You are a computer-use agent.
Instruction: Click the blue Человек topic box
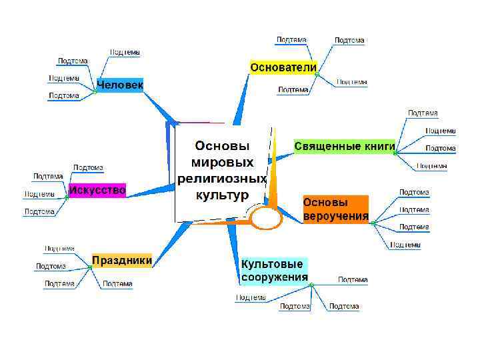(x=120, y=85)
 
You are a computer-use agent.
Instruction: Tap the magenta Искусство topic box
(x=97, y=190)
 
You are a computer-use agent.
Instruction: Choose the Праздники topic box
(x=122, y=260)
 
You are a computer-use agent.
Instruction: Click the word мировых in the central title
(x=222, y=162)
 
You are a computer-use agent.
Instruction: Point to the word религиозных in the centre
(x=222, y=179)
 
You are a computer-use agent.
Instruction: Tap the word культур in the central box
(x=222, y=195)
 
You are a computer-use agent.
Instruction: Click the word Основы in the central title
(x=222, y=145)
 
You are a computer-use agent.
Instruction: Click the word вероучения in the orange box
(x=336, y=216)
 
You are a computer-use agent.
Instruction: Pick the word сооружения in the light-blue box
(x=275, y=277)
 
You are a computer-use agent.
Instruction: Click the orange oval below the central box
(x=266, y=218)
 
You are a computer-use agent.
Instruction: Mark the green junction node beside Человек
(x=95, y=92)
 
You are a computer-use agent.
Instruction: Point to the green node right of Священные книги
(x=395, y=153)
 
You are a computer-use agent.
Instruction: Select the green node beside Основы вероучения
(x=373, y=222)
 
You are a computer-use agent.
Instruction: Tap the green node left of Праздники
(x=89, y=267)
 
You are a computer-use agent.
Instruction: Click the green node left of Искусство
(x=67, y=197)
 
